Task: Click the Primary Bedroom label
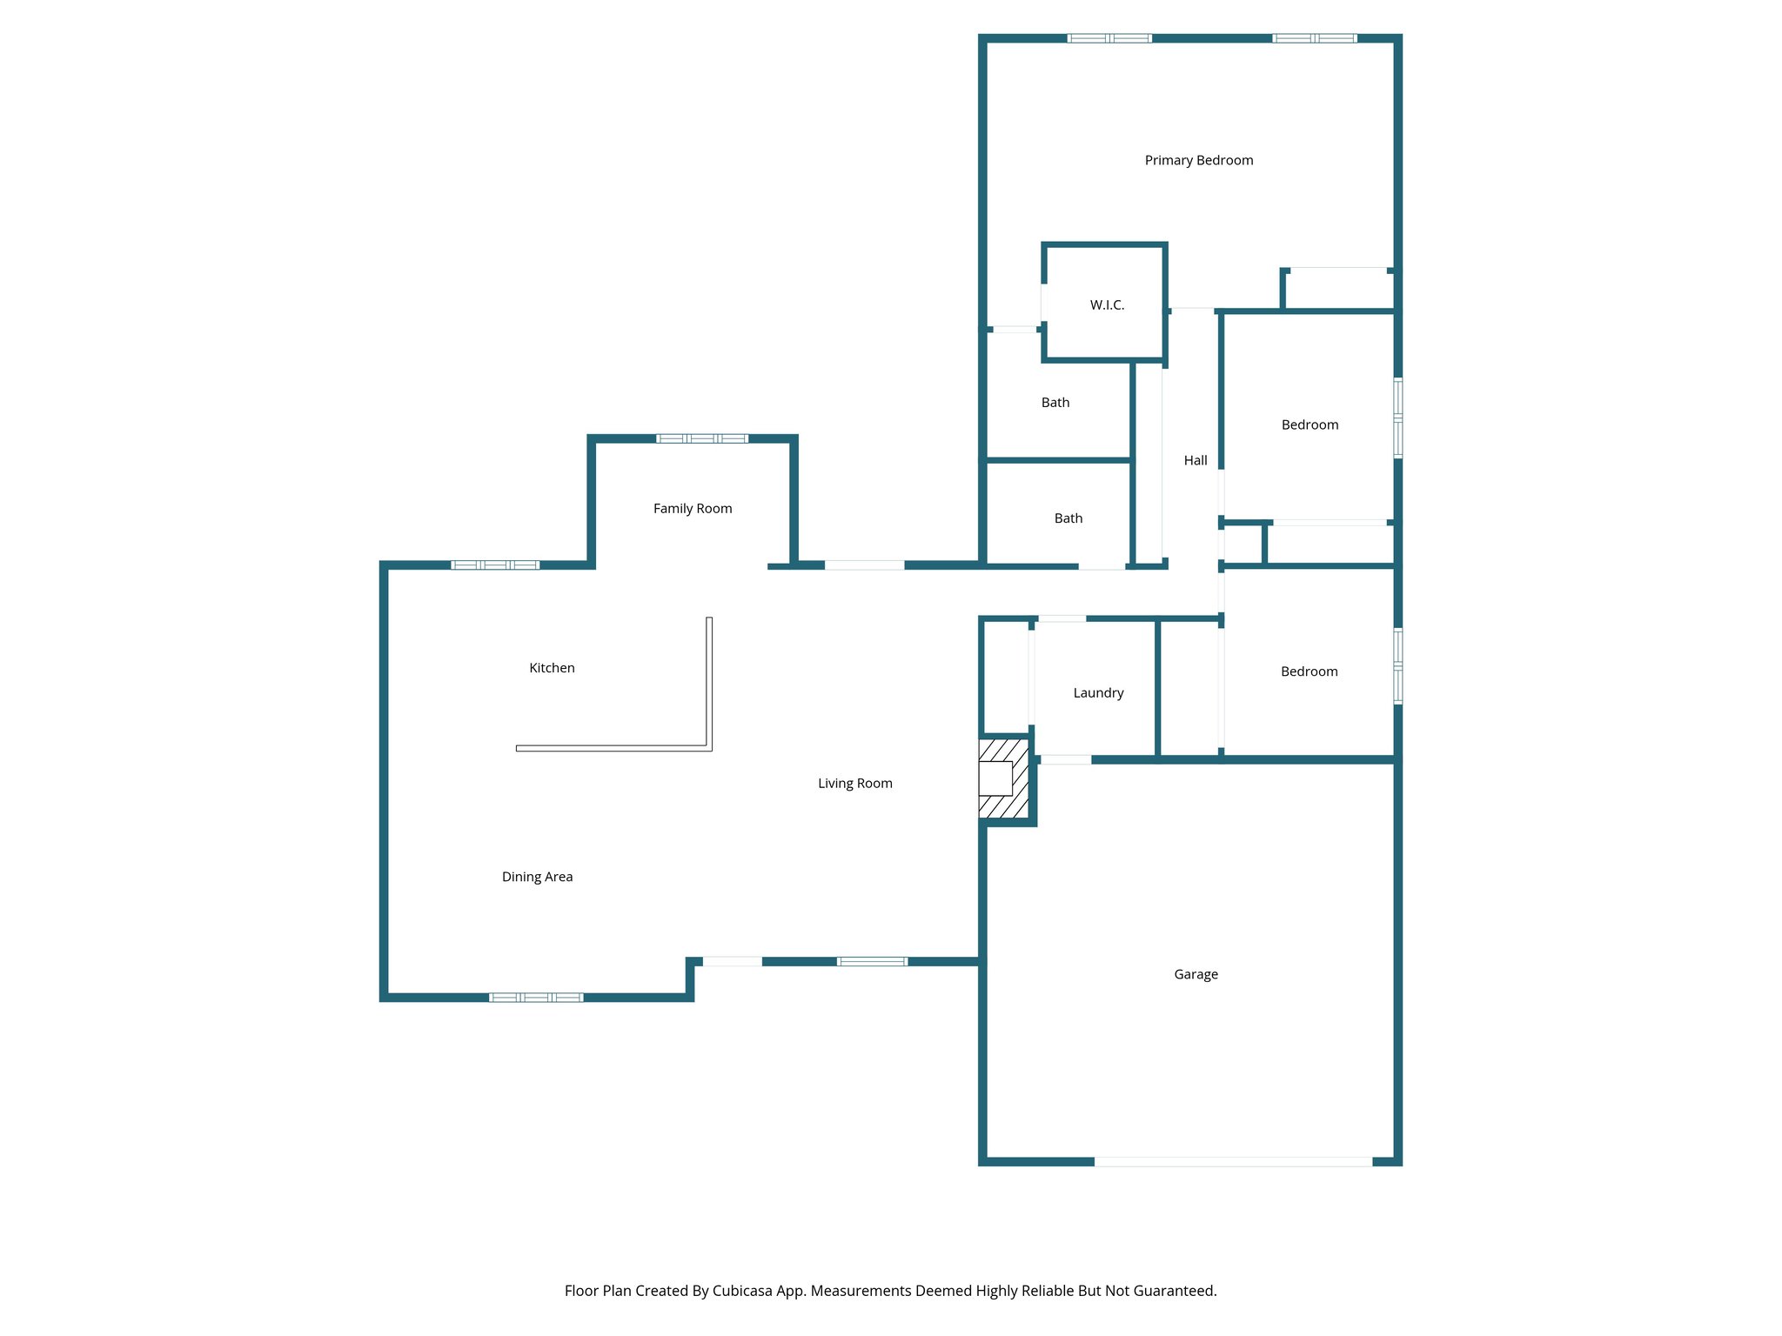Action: [1198, 160]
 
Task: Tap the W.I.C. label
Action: [1107, 305]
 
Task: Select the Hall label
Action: [1195, 461]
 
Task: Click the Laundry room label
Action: [1098, 693]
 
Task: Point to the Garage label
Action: [1196, 975]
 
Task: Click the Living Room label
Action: [854, 784]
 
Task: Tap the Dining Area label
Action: [537, 878]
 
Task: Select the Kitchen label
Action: [552, 668]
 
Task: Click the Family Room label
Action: [693, 509]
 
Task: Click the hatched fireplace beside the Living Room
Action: [1004, 778]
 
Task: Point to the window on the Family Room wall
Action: [701, 438]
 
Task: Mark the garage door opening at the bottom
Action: [1233, 1162]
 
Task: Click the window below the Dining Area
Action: [536, 998]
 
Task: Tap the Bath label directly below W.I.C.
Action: [1055, 403]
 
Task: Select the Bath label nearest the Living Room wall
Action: [1068, 518]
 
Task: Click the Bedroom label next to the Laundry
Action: [1309, 671]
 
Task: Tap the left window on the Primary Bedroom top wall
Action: [1109, 38]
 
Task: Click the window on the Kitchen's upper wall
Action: [495, 565]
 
